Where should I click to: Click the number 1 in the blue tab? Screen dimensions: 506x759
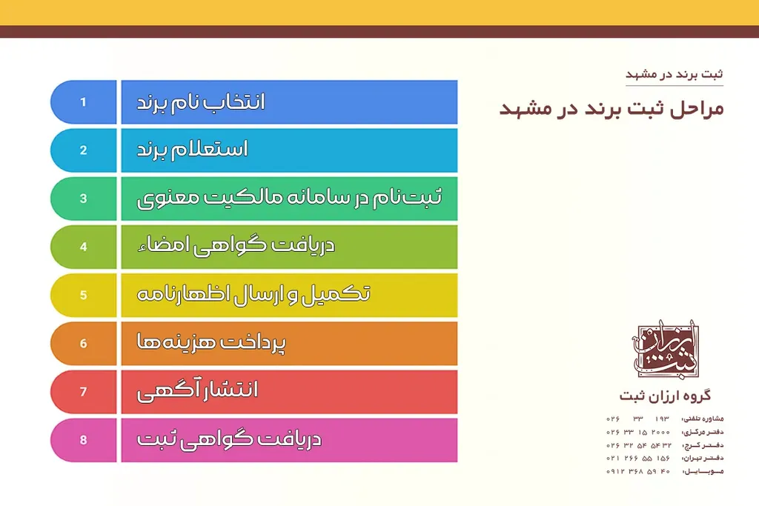pyautogui.click(x=84, y=101)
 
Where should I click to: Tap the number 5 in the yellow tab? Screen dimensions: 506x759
pyautogui.click(x=84, y=295)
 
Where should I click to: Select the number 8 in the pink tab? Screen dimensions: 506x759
pyautogui.click(x=84, y=440)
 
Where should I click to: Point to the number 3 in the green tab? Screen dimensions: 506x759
pyautogui.click(x=84, y=199)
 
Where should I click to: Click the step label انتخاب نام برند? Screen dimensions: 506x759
pyautogui.click(x=201, y=101)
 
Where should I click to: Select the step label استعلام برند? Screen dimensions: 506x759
pyautogui.click(x=193, y=150)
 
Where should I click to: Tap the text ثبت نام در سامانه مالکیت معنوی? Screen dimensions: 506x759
pyautogui.click(x=289, y=198)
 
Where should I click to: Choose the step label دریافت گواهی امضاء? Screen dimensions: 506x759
pyautogui.click(x=236, y=246)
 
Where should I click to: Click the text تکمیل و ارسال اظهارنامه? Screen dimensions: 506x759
pyautogui.click(x=254, y=294)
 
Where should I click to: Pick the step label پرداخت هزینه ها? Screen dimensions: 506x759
pyautogui.click(x=212, y=343)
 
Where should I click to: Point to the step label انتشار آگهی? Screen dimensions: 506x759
pyautogui.click(x=198, y=390)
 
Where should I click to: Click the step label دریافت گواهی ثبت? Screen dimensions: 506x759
pyautogui.click(x=229, y=439)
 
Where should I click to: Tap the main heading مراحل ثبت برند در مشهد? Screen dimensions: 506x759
pyautogui.click(x=611, y=108)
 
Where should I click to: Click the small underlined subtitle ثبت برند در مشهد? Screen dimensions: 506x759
pyautogui.click(x=675, y=75)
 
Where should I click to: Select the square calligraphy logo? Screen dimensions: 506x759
pyautogui.click(x=664, y=347)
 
